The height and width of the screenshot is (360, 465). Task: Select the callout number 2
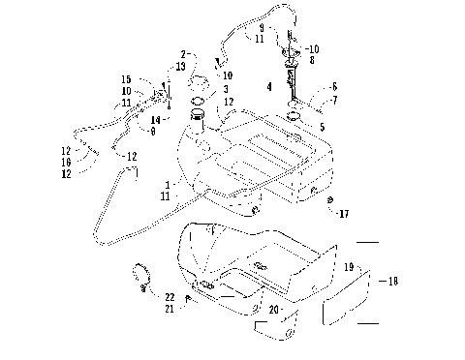(181, 54)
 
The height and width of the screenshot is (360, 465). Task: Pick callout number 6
(334, 87)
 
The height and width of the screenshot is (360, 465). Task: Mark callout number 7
(334, 100)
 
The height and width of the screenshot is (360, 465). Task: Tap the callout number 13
(180, 66)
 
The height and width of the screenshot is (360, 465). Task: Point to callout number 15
(126, 79)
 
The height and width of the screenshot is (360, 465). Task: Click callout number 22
(169, 295)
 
